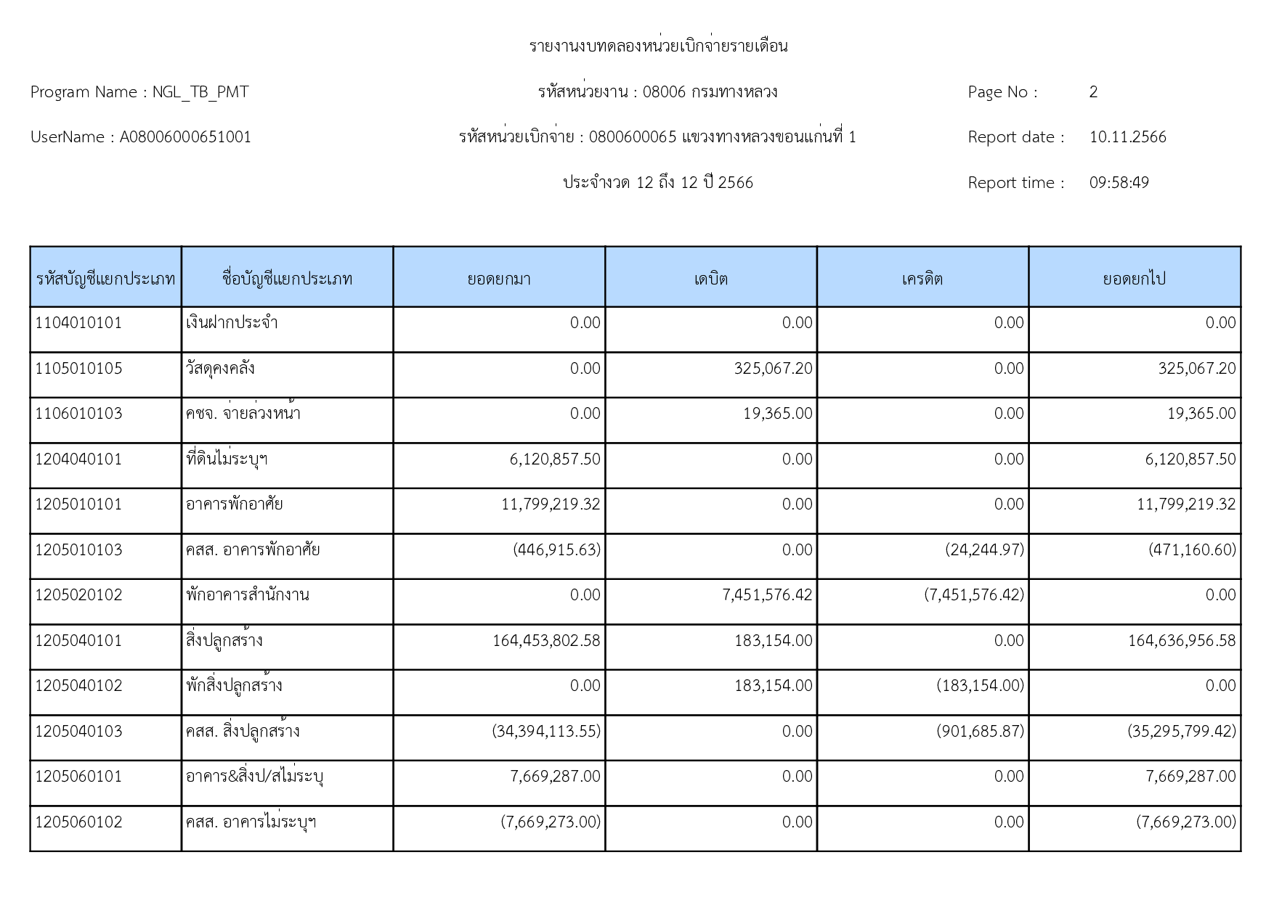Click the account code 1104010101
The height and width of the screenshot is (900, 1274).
(78, 323)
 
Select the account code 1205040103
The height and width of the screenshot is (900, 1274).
(78, 731)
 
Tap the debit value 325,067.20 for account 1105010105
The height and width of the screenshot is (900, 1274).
(773, 369)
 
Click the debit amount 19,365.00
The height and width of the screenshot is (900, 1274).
(777, 414)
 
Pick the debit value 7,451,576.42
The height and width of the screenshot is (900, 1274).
(767, 595)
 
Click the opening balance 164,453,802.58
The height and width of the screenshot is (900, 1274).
(546, 641)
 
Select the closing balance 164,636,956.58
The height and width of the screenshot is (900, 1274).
(1181, 641)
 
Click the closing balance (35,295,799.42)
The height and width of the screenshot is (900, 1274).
(1181, 731)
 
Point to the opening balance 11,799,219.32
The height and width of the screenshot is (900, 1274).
(551, 504)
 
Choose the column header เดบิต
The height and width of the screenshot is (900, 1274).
(710, 279)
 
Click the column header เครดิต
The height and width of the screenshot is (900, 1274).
(922, 279)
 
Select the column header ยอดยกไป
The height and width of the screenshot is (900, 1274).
(1134, 279)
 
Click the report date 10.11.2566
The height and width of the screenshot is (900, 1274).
(1127, 137)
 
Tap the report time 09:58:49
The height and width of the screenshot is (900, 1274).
(1119, 183)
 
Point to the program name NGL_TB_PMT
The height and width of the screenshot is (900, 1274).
(200, 92)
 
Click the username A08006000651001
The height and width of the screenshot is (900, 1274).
(185, 137)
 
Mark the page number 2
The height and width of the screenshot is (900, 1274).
(1093, 92)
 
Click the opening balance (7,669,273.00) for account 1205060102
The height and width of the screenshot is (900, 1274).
(551, 822)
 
